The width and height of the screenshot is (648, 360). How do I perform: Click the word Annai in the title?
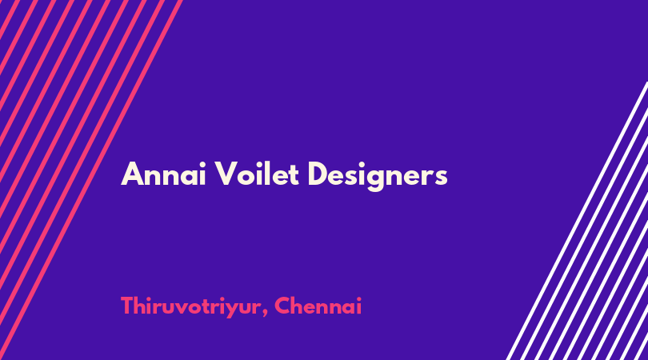pyautogui.click(x=164, y=174)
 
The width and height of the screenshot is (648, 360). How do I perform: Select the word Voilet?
pyautogui.click(x=257, y=174)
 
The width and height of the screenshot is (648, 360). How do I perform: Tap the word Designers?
pyautogui.click(x=378, y=176)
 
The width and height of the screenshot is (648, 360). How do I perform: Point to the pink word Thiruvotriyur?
pyautogui.click(x=191, y=306)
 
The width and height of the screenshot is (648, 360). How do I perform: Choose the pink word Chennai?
pyautogui.click(x=318, y=306)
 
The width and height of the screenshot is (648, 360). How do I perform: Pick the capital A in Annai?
pyautogui.click(x=132, y=174)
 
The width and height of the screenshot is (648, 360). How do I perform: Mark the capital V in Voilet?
pyautogui.click(x=226, y=174)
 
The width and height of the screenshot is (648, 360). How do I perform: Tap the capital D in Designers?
pyautogui.click(x=318, y=174)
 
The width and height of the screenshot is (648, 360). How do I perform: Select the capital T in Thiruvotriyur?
pyautogui.click(x=128, y=306)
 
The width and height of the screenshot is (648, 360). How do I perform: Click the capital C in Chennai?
pyautogui.click(x=283, y=306)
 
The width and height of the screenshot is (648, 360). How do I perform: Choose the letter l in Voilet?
pyautogui.click(x=273, y=173)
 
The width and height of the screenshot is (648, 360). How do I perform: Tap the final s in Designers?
pyautogui.click(x=441, y=177)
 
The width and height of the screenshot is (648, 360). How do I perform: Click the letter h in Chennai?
pyautogui.click(x=301, y=306)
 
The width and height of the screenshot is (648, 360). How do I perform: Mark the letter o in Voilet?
pyautogui.click(x=248, y=177)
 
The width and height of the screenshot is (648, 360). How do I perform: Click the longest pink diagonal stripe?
pyautogui.click(x=90, y=180)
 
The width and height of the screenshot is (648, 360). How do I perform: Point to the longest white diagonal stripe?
pyautogui.click(x=577, y=221)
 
